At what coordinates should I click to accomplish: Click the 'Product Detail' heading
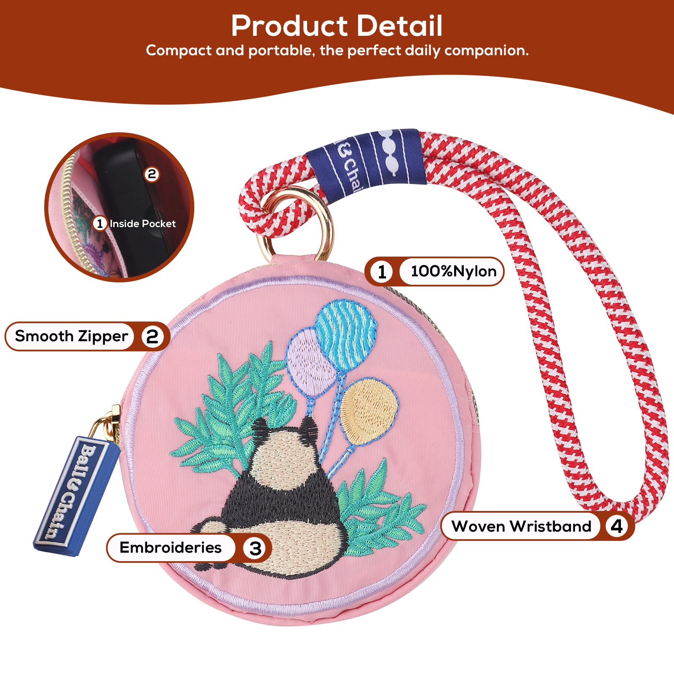tap(337, 26)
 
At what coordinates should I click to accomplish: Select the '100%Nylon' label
tap(453, 271)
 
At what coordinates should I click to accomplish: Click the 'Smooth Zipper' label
tap(71, 336)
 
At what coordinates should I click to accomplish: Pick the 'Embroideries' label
tap(170, 547)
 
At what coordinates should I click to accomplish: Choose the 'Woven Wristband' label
tap(521, 526)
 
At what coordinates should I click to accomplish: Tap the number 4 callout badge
tap(617, 526)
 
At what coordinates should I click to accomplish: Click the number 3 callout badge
tap(255, 548)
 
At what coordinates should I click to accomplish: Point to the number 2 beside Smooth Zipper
tap(152, 337)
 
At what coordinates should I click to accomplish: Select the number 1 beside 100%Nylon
tap(382, 272)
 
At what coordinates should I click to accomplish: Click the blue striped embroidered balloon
tap(346, 335)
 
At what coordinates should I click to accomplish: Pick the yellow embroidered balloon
tap(369, 411)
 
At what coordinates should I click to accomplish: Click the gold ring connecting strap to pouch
tap(295, 223)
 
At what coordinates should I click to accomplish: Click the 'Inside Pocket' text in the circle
tap(142, 224)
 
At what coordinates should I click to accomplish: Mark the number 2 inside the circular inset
tap(152, 174)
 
